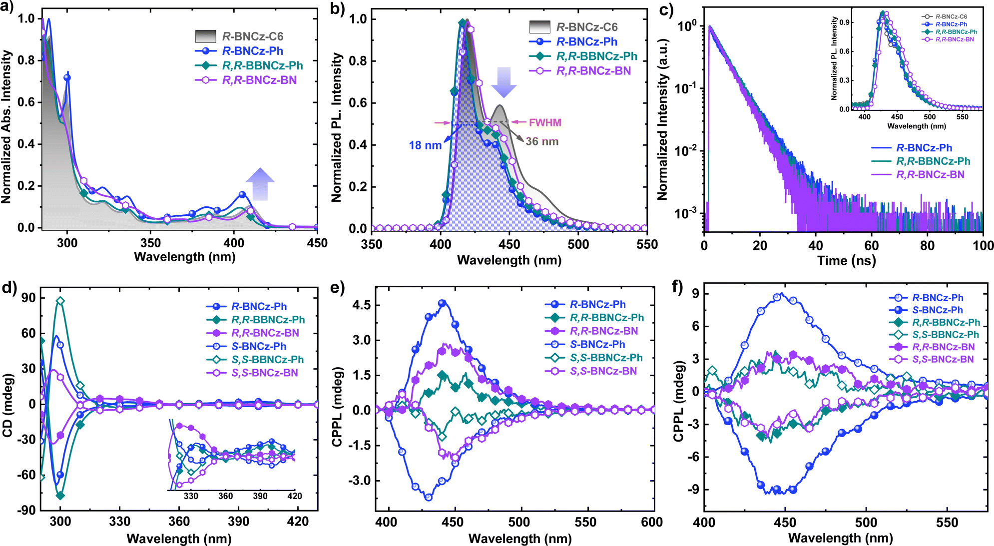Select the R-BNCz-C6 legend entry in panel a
click(252, 36)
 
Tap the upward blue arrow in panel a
click(260, 184)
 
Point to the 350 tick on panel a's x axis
click(150, 243)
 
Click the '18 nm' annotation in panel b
click(425, 145)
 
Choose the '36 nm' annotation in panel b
click(542, 142)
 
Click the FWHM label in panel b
click(545, 122)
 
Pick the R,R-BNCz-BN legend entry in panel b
click(593, 71)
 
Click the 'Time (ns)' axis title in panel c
click(846, 261)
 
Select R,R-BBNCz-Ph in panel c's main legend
click(933, 161)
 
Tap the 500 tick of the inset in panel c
click(930, 117)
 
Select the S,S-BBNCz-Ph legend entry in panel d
click(267, 360)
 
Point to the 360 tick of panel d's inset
click(225, 496)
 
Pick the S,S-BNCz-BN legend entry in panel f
click(943, 359)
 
